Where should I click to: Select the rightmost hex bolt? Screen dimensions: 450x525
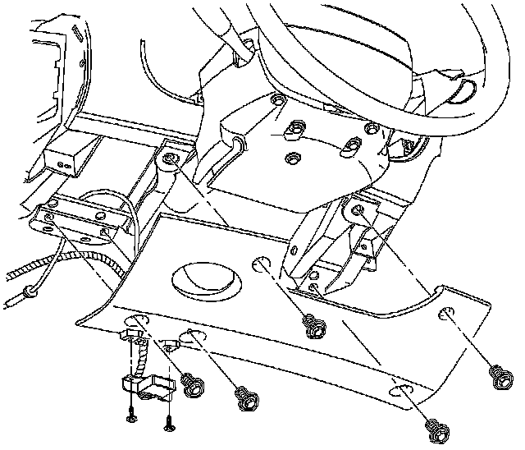click(498, 376)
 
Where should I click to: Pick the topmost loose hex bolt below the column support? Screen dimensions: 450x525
click(312, 324)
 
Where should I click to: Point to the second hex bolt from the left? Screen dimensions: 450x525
click(244, 398)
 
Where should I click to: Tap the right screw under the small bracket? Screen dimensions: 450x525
click(169, 424)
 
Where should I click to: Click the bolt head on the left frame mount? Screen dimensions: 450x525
click(171, 158)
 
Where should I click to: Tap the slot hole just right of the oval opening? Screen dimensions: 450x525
click(262, 265)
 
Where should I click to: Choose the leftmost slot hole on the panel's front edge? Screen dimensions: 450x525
click(132, 322)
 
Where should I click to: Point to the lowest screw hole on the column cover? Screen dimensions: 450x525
click(289, 155)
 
